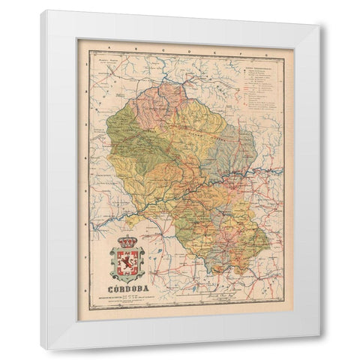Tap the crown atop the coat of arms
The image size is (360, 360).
[x=129, y=242]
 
